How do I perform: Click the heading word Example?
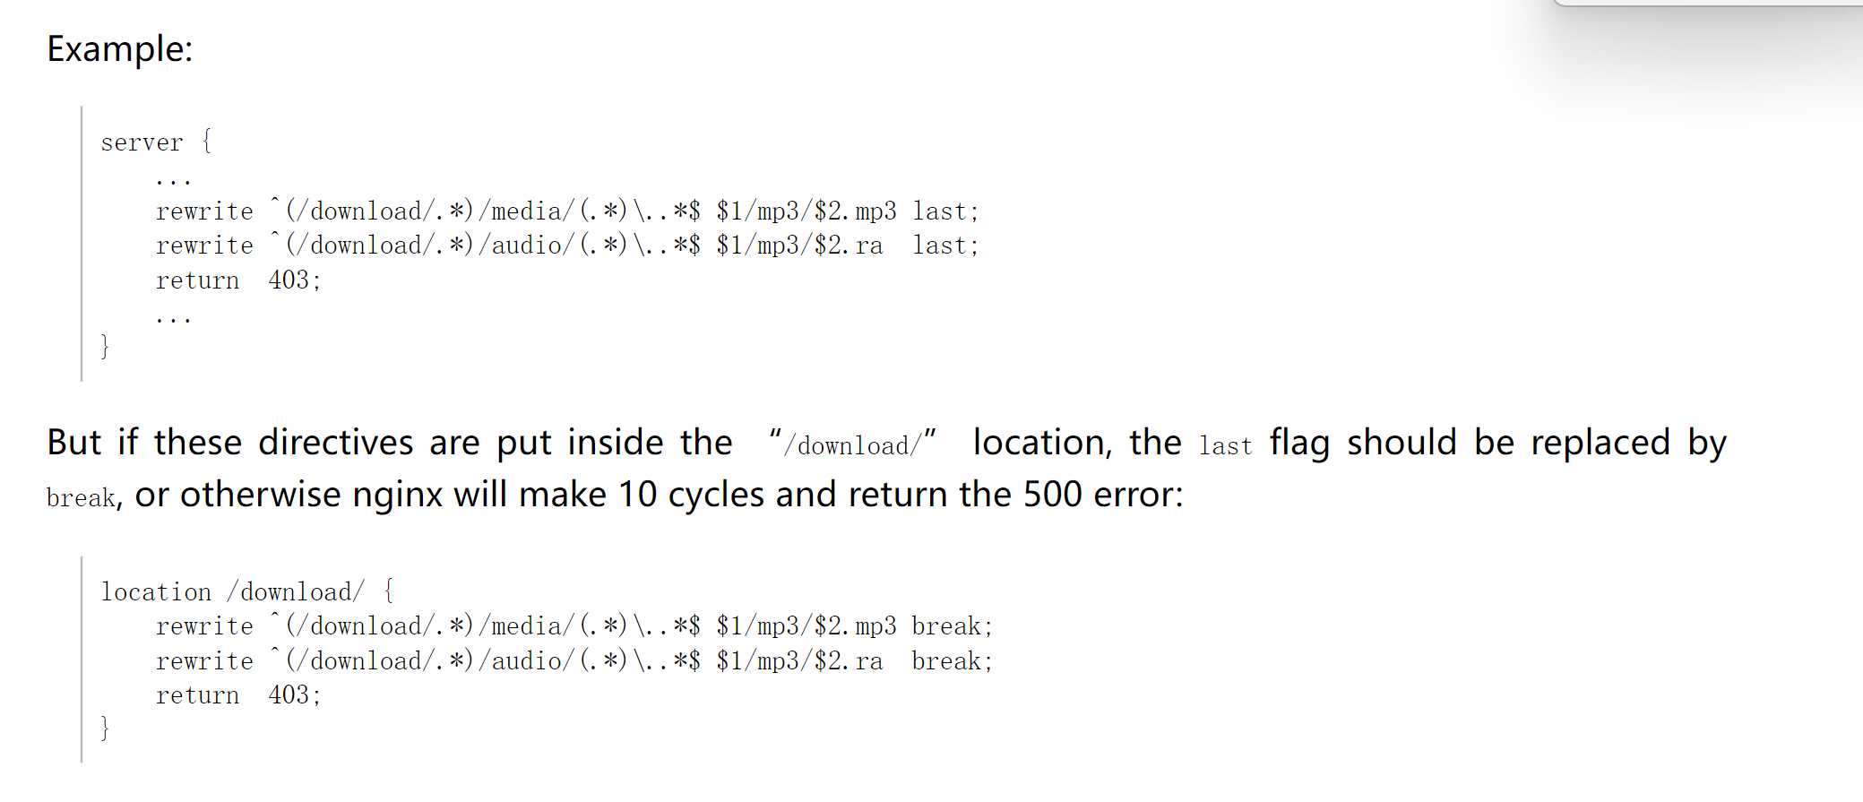click(119, 49)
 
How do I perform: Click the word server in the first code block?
click(142, 142)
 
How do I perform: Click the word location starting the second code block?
click(156, 592)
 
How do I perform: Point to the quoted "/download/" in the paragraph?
click(852, 444)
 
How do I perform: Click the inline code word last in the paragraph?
click(1225, 446)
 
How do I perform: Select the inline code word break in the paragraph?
click(81, 498)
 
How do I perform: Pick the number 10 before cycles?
click(637, 495)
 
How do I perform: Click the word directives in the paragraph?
click(336, 443)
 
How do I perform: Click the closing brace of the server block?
click(105, 346)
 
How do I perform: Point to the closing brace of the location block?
click(105, 728)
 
